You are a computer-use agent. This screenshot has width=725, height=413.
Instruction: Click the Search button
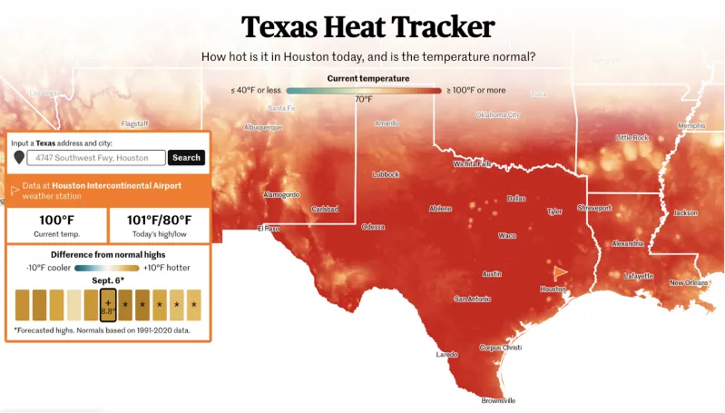pos(186,157)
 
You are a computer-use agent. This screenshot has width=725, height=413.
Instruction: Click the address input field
pos(96,158)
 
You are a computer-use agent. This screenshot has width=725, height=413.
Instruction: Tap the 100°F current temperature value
pos(55,221)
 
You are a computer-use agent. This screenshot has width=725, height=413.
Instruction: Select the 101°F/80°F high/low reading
pos(159,221)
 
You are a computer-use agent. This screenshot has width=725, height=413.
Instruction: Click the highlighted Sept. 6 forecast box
pos(108,304)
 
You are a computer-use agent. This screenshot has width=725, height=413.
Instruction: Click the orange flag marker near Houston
pos(560,271)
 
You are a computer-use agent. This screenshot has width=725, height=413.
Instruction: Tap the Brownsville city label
pos(497,400)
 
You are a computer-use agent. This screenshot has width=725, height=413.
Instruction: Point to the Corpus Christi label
pos(501,347)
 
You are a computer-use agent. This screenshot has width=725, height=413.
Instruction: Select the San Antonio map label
pos(473,299)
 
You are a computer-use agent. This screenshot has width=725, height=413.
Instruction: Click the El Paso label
pos(270,229)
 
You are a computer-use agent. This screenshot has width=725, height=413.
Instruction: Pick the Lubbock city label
pos(386,174)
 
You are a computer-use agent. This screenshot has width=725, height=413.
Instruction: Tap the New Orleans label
pos(689,283)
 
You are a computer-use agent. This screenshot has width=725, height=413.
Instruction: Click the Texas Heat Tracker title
pos(367,26)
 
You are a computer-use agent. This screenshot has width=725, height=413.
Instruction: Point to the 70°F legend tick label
pos(363,99)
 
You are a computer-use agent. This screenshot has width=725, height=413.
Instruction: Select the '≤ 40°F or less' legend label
pos(256,90)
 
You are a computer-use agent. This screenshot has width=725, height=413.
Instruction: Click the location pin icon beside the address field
pos(19,158)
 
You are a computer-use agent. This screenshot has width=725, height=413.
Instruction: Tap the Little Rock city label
pos(632,138)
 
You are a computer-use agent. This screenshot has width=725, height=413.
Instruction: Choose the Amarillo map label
pos(387,123)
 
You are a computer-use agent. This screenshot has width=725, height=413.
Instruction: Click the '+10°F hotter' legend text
pos(167,268)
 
